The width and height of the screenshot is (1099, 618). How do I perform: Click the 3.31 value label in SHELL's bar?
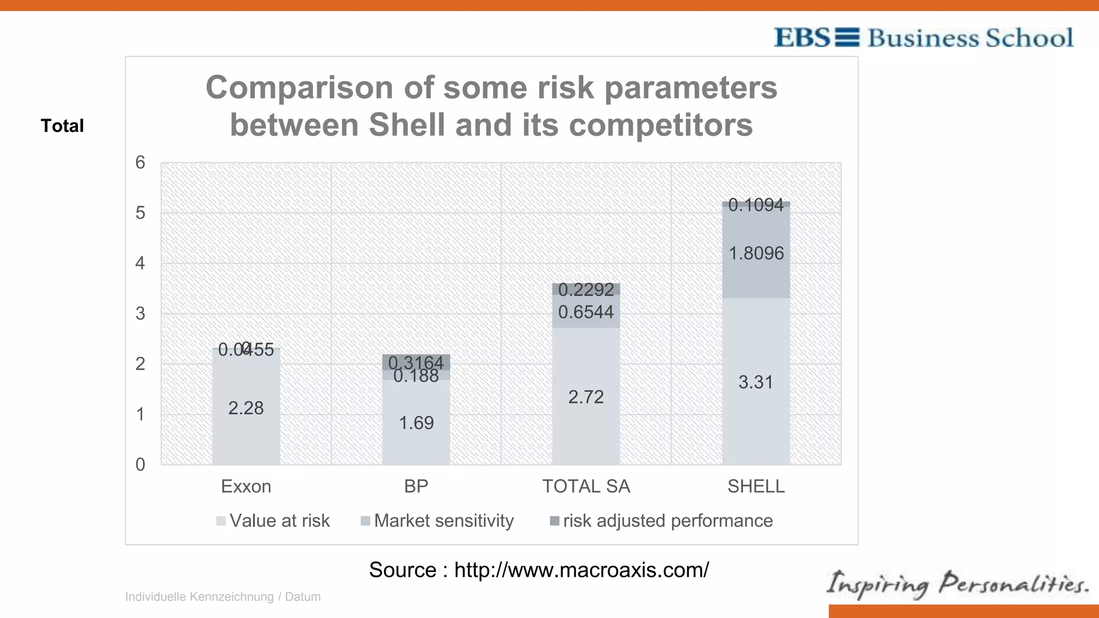(756, 382)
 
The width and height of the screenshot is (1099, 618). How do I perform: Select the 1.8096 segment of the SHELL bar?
(756, 253)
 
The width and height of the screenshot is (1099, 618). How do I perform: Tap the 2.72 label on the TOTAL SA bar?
(586, 397)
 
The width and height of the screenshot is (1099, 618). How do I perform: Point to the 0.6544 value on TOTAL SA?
(586, 312)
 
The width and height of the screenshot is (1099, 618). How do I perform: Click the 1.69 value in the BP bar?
(416, 423)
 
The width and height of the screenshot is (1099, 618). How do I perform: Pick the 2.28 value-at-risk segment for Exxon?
(246, 408)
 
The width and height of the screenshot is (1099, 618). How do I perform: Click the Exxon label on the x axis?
(246, 487)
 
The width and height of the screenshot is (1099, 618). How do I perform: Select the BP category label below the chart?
(416, 487)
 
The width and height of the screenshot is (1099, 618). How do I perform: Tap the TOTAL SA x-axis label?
(586, 487)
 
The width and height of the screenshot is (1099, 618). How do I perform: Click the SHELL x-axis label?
(756, 487)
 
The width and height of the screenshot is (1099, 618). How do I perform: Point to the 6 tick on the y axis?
(140, 163)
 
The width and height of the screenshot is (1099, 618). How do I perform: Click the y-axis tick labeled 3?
(140, 314)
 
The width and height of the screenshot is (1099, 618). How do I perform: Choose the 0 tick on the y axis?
(140, 465)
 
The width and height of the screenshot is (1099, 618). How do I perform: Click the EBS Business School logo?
(923, 38)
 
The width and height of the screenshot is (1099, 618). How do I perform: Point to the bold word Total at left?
(62, 126)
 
